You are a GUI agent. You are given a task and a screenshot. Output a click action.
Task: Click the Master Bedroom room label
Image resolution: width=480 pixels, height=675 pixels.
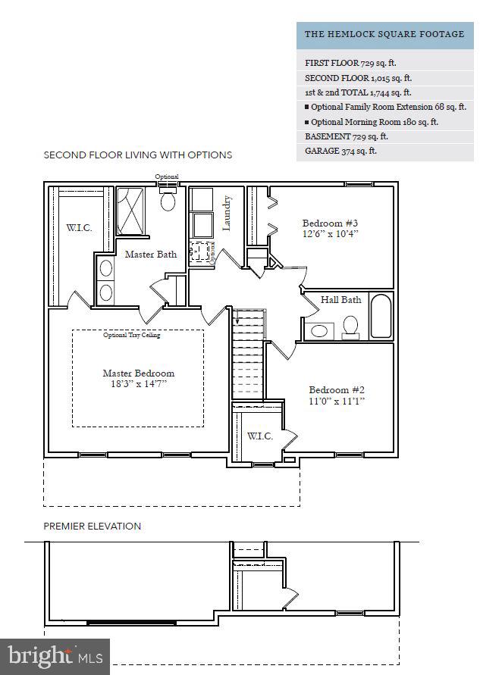point(138,373)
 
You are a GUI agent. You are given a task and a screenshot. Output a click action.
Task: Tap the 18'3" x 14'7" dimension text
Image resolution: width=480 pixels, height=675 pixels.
point(138,384)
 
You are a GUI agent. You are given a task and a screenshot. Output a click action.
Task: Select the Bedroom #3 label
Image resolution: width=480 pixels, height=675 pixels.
point(330,223)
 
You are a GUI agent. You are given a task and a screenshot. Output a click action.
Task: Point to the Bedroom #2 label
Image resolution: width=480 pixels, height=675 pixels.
point(337,389)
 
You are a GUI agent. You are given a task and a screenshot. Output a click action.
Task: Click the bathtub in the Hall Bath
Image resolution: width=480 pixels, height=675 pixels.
point(380,316)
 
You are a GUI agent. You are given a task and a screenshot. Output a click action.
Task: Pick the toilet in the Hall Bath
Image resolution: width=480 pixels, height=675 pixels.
point(350,325)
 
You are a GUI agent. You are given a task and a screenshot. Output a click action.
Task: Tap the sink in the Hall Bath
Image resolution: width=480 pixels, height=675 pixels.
point(321,330)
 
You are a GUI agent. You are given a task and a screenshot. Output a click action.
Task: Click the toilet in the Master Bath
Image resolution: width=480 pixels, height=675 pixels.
point(168,199)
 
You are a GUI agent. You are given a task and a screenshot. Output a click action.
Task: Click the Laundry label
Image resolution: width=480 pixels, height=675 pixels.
point(227,213)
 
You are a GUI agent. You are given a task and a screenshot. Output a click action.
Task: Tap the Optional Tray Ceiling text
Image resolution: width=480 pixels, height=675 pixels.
point(132,335)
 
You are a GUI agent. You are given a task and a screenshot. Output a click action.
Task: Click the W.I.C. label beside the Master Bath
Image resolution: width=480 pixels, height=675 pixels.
point(79,227)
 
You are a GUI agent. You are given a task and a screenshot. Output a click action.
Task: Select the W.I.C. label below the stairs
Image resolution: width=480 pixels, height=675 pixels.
point(260,436)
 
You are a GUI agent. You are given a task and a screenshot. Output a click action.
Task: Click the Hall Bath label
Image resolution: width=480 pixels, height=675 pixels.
point(340,300)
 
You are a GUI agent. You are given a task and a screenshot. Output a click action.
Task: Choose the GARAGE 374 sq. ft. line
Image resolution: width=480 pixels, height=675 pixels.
point(340,151)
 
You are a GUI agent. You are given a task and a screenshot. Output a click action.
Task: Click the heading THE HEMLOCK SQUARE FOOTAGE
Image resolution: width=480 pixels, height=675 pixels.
point(384,34)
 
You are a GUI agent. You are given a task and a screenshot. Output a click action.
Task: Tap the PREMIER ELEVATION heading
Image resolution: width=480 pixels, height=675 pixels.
point(92,526)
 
